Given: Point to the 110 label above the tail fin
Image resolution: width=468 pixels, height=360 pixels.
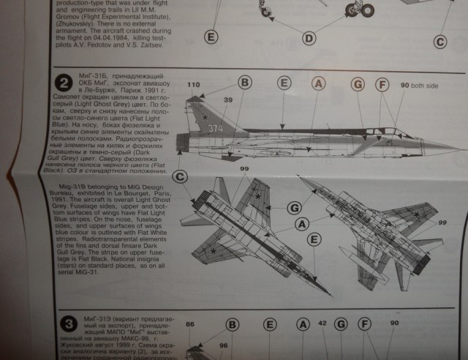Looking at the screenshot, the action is tap(193, 86).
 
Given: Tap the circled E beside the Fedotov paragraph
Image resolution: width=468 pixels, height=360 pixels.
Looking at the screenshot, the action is tap(211, 37).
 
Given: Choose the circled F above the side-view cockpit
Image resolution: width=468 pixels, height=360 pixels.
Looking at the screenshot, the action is tap(381, 85).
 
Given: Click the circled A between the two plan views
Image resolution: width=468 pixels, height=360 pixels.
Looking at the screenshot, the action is tap(299, 222).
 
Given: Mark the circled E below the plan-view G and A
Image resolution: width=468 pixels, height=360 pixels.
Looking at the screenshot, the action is tap(314, 239).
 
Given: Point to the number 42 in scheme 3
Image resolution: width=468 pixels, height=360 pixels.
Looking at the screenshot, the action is tap(322, 322).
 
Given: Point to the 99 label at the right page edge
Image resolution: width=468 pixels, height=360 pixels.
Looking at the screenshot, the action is tap(442, 222).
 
